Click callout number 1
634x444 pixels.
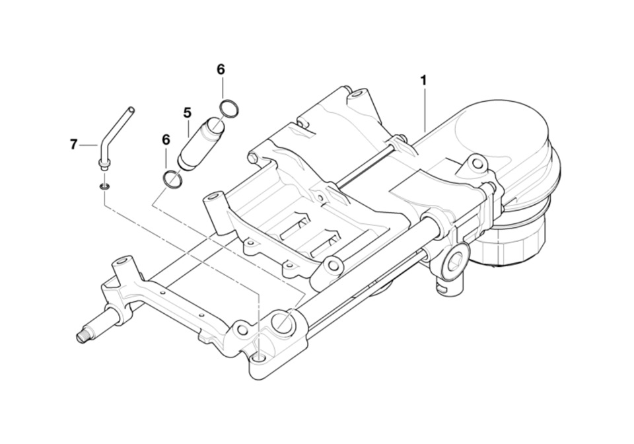coord(423,81)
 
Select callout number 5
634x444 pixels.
coord(187,113)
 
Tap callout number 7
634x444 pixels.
coord(73,144)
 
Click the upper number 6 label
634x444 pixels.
coord(221,69)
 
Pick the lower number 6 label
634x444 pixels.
coord(166,140)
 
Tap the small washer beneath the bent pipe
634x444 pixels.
coord(104,187)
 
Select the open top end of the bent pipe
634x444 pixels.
coord(131,109)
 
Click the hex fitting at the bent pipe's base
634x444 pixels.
coord(104,163)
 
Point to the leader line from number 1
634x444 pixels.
coord(424,109)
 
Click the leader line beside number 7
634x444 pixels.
coord(88,144)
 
